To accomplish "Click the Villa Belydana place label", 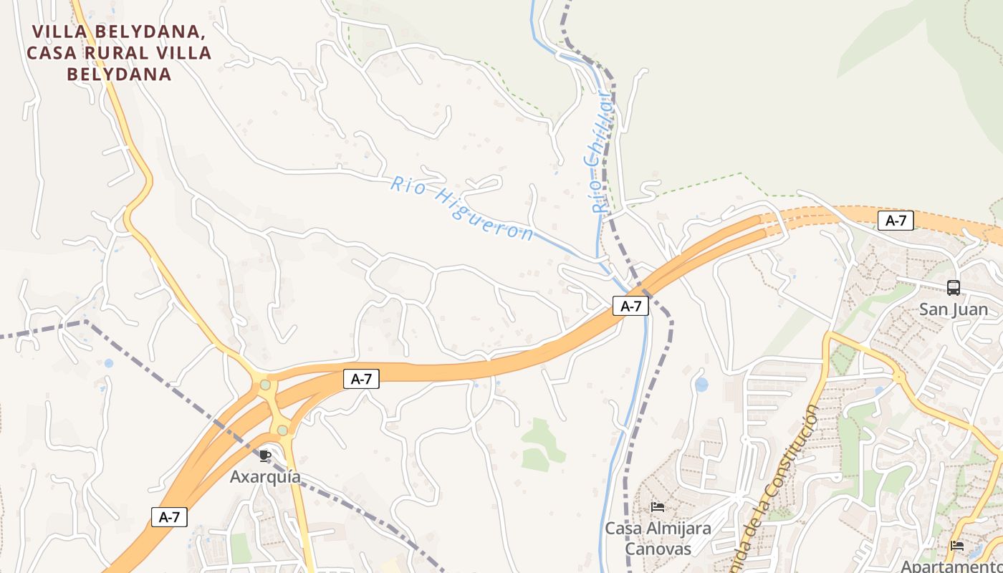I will (118, 52).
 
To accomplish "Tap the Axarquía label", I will (265, 476).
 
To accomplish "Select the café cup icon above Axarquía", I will (265, 456).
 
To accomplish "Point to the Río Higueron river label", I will (462, 208).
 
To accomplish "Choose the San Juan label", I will (953, 309).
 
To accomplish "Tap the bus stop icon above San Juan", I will (953, 288).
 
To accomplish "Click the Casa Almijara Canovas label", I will (658, 539).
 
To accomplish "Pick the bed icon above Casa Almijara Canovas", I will (658, 508).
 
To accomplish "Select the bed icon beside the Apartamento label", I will (956, 546).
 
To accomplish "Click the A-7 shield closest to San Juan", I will (896, 221).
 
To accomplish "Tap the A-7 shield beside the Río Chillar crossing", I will (630, 306).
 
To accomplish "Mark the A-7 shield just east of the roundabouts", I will (361, 379).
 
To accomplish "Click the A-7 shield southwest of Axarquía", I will (169, 516).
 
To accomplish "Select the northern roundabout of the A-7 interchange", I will (266, 385).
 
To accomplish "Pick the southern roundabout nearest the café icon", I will (282, 430).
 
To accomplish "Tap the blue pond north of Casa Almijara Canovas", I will (701, 385).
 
